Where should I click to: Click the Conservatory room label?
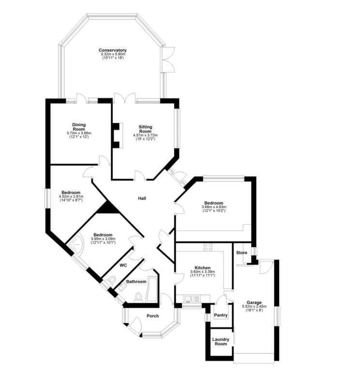click(113, 50)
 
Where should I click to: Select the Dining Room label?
click(79, 127)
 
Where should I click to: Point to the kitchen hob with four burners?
click(208, 247)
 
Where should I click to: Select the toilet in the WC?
click(113, 280)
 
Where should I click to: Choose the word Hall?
click(142, 198)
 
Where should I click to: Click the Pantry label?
click(220, 315)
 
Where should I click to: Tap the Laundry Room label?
click(220, 341)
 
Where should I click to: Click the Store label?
click(242, 253)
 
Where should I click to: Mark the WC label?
click(123, 265)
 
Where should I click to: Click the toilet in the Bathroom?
click(138, 296)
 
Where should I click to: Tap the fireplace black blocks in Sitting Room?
click(116, 136)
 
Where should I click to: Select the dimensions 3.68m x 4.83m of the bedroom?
click(214, 208)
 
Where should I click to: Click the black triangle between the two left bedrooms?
click(107, 208)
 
